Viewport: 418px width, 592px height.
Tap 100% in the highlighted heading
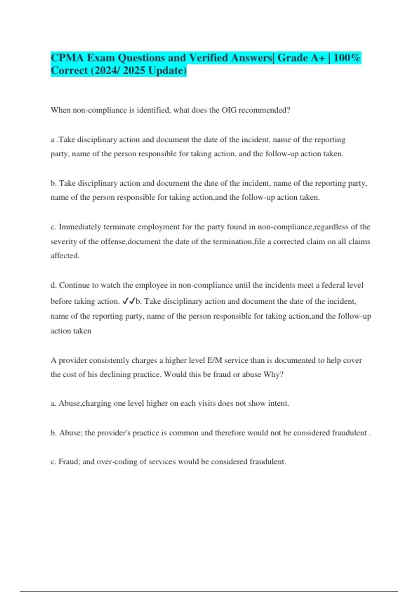click(x=347, y=57)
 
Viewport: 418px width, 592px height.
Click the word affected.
click(x=65, y=256)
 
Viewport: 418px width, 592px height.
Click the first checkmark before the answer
click(x=126, y=301)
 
